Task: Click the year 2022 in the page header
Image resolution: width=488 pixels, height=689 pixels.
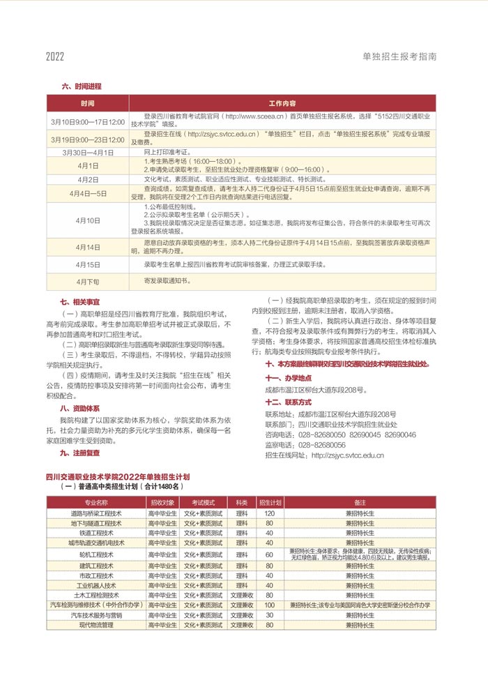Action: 55,56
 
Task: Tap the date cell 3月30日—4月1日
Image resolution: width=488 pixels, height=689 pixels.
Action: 88,152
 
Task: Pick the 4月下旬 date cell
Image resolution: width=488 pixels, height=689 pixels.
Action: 88,281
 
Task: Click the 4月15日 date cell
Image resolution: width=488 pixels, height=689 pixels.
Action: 88,265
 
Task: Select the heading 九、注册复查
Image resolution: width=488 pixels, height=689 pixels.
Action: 80,453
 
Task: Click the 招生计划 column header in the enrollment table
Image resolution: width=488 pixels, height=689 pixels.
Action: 269,502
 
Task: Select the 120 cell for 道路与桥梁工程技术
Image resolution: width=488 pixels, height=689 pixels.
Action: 269,513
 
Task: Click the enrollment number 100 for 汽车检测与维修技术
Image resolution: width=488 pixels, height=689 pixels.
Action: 269,605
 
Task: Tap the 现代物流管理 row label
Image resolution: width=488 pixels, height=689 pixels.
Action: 96,626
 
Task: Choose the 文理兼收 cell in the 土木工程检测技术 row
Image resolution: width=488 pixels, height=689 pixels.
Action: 242,595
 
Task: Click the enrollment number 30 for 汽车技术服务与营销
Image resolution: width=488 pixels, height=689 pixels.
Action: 269,616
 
